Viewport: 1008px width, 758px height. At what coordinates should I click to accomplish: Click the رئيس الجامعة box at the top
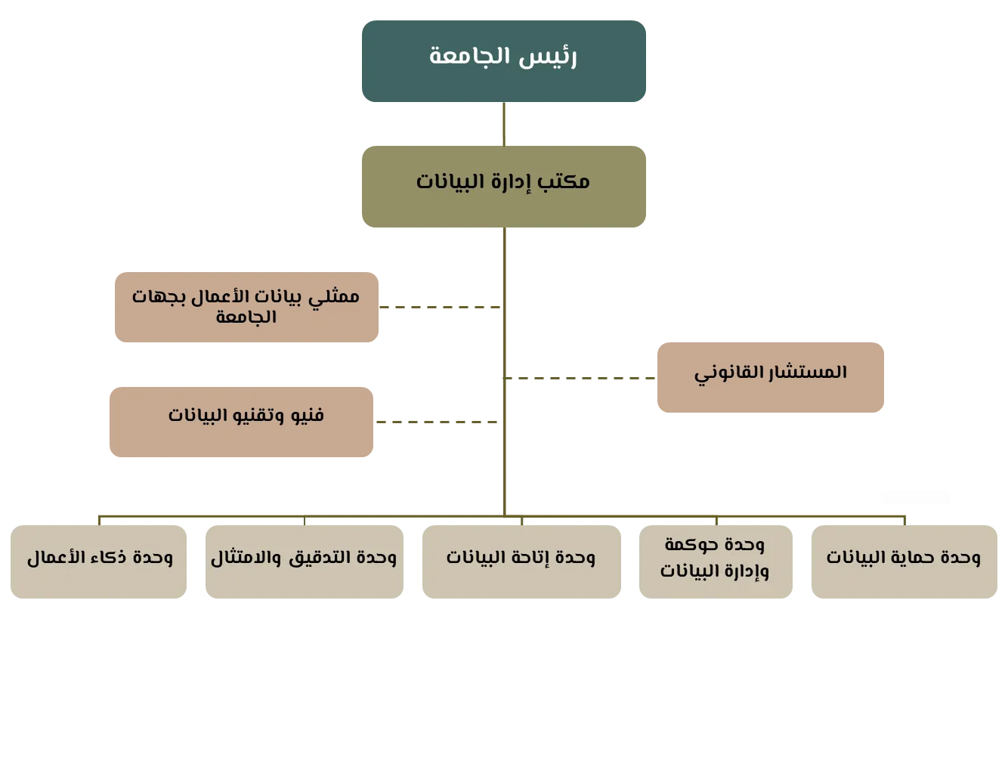pyautogui.click(x=503, y=60)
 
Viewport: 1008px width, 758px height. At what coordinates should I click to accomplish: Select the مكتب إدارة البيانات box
pyautogui.click(x=503, y=187)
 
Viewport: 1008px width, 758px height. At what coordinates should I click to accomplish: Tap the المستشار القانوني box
pyautogui.click(x=770, y=376)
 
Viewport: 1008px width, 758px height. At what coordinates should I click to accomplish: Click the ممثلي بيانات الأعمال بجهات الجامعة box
pyautogui.click(x=247, y=308)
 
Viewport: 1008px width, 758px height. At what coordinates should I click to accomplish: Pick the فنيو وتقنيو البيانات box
pyautogui.click(x=242, y=422)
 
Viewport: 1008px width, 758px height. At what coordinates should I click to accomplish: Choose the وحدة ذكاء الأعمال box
pyautogui.click(x=100, y=559)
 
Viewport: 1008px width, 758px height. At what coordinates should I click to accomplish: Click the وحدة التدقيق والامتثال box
pyautogui.click(x=305, y=559)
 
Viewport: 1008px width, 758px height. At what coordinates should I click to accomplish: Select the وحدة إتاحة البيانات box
pyautogui.click(x=521, y=559)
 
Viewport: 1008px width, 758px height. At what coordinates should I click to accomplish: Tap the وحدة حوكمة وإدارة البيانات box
pyautogui.click(x=715, y=559)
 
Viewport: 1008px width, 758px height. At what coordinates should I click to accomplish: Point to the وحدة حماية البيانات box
pyautogui.click(x=903, y=559)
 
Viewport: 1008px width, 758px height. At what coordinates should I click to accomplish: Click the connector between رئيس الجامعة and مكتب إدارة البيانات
pyautogui.click(x=504, y=124)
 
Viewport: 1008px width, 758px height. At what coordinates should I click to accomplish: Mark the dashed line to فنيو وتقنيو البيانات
pyautogui.click(x=438, y=420)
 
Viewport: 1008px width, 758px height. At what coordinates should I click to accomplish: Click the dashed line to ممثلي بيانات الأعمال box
pyautogui.click(x=442, y=305)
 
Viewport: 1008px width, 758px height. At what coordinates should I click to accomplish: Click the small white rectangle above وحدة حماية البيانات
pyautogui.click(x=915, y=499)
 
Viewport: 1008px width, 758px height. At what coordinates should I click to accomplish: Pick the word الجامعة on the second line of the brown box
pyautogui.click(x=246, y=317)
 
